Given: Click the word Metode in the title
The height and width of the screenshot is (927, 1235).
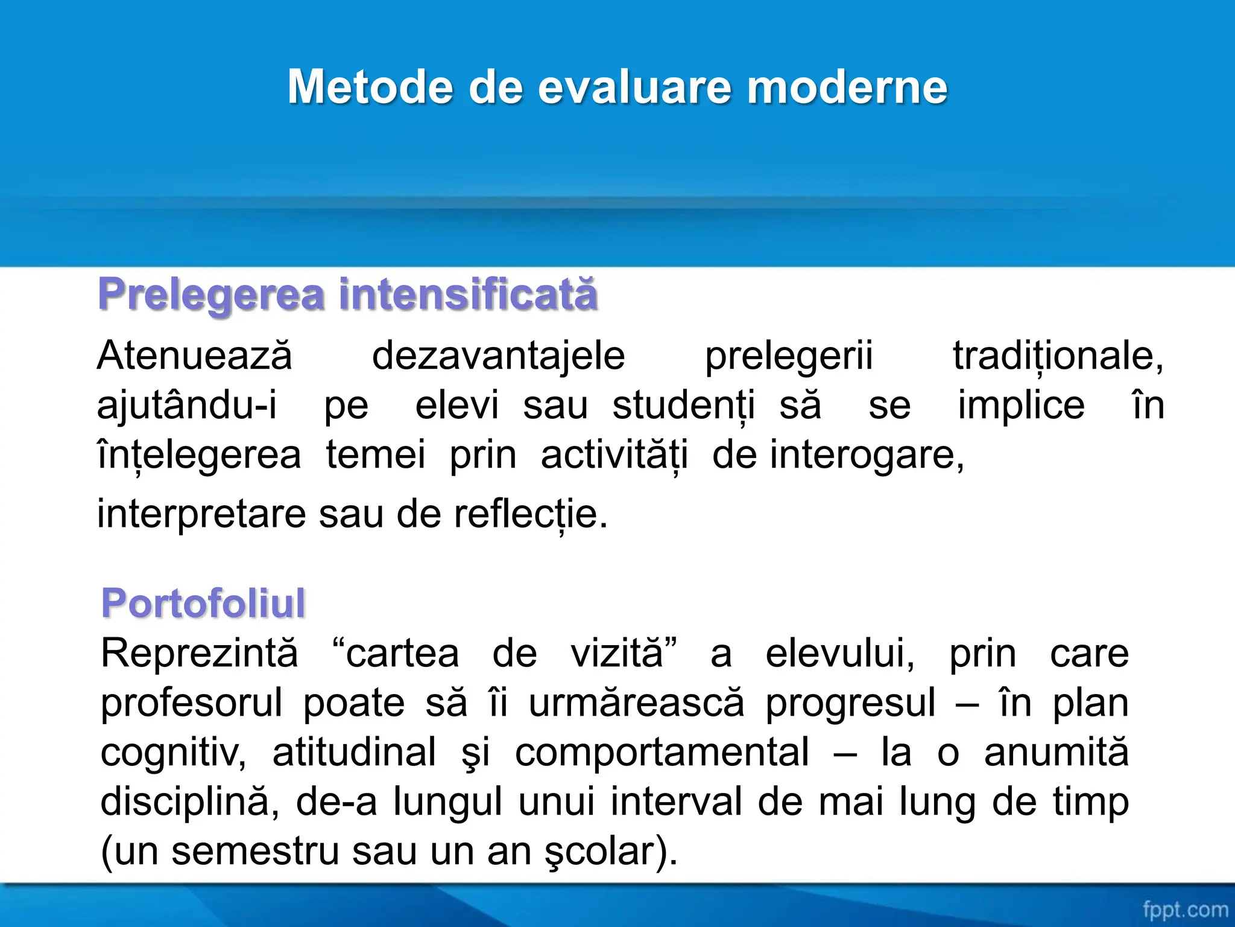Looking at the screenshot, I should [369, 88].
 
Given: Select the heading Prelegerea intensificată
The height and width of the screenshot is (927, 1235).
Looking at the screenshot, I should [348, 295].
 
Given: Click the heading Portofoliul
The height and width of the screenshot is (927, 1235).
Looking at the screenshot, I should [203, 603].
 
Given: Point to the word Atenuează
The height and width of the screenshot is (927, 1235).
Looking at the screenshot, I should [194, 355].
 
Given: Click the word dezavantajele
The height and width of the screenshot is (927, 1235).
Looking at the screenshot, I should [498, 355].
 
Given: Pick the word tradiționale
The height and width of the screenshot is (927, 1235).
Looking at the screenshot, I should [1057, 355].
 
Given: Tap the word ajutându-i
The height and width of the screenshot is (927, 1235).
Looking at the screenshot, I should [187, 405].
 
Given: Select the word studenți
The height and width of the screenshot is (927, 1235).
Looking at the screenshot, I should [683, 405].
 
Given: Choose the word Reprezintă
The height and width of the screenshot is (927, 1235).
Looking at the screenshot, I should [199, 653].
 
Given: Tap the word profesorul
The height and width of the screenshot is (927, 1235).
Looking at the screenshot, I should [191, 703].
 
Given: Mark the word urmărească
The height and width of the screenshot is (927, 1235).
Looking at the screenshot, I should [637, 703].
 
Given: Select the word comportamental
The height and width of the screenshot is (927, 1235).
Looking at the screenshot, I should [662, 753].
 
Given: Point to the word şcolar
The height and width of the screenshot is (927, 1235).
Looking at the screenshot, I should [609, 852].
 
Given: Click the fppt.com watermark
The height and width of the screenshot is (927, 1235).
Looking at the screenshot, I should [1184, 909].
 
